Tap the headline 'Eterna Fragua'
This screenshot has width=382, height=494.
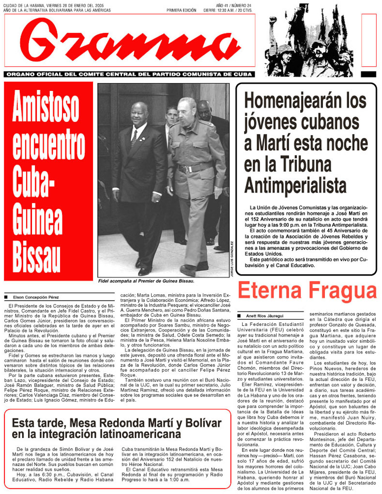[x=307, y=291]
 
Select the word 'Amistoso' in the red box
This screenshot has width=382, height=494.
[x=46, y=108]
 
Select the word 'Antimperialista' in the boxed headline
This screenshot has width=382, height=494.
[x=295, y=185]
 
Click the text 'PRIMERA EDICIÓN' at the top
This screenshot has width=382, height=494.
[x=182, y=10]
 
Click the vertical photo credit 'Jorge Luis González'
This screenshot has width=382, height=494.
[x=232, y=259]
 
